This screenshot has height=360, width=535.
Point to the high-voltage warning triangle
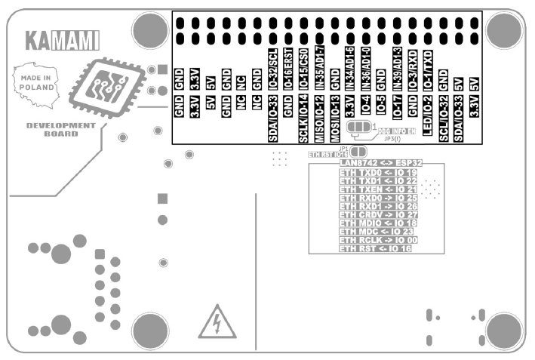pyautogui.click(x=217, y=322)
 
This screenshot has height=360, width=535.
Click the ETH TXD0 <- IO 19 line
pyautogui.click(x=378, y=172)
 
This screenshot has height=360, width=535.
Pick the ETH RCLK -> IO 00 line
pyautogui.click(x=378, y=240)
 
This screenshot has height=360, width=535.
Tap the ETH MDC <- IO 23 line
pyautogui.click(x=378, y=232)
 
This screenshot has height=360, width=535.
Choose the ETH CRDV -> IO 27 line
pyautogui.click(x=378, y=214)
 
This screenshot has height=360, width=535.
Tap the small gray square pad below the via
pyautogui.click(x=161, y=198)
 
